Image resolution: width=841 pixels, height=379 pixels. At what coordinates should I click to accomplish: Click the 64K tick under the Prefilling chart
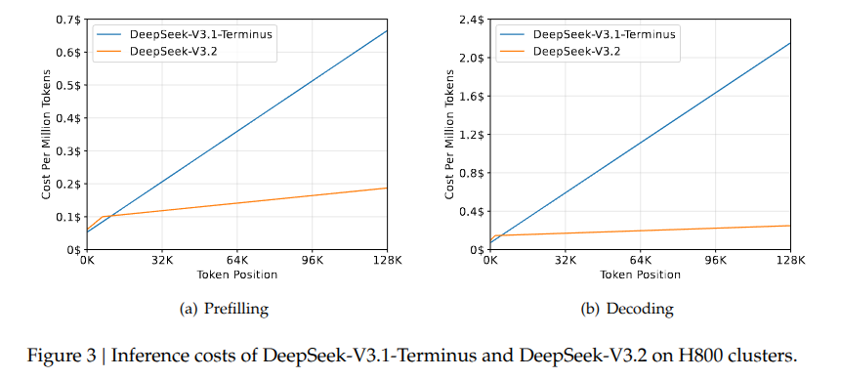(237, 261)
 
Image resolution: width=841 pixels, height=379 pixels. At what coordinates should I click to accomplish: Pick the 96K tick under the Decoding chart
(715, 261)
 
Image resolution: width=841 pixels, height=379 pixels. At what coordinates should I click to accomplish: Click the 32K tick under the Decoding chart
(566, 261)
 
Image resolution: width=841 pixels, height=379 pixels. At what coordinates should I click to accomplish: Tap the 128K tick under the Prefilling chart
(388, 261)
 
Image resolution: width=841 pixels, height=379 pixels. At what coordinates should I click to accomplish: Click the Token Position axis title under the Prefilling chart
(237, 274)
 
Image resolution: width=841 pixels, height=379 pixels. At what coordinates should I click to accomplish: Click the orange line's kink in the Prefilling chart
(102, 217)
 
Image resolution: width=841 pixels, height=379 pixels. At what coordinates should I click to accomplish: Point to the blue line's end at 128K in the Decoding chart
(789, 43)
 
